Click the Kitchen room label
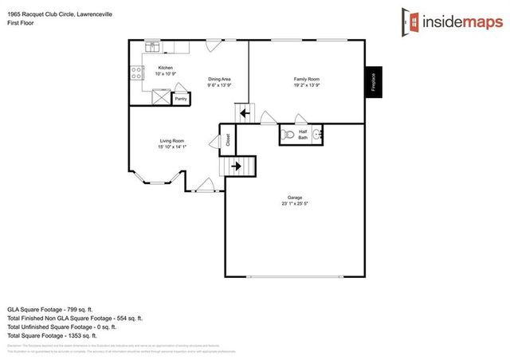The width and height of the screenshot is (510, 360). coord(166,68)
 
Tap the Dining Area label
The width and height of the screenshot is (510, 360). coord(219,79)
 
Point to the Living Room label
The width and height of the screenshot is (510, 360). coord(171,141)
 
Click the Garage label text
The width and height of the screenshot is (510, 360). coord(295,198)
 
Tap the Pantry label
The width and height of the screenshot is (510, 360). coord(181,99)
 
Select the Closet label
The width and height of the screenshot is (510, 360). coord(228,140)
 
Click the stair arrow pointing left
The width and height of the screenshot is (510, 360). coord(244,113)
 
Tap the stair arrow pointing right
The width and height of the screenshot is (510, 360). coord(237,166)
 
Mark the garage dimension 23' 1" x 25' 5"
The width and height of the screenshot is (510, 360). coord(295,205)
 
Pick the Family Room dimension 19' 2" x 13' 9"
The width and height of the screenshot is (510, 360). coord(307,84)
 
